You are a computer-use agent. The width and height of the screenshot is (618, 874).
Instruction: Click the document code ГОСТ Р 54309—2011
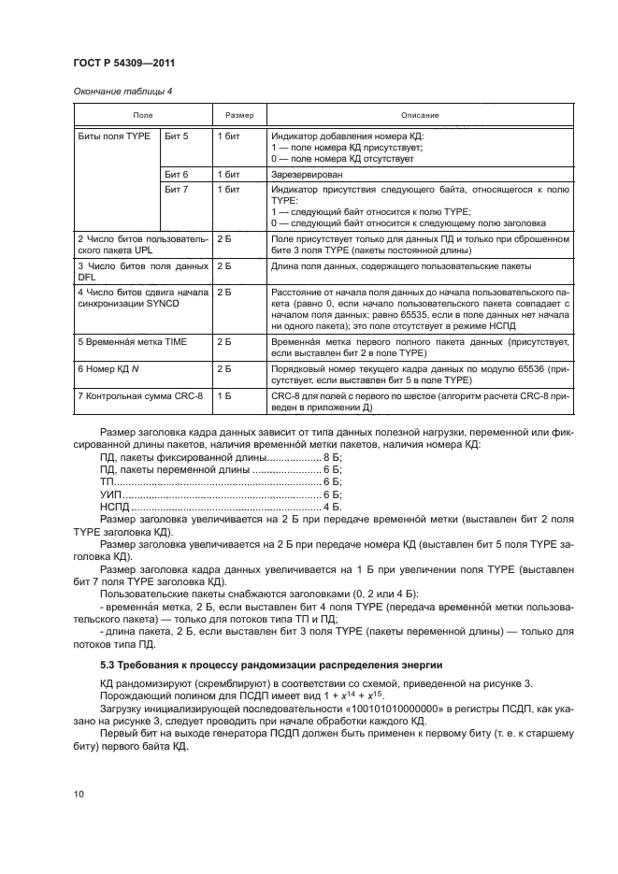(124, 64)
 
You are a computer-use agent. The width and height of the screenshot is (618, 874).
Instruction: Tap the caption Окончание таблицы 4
(122, 91)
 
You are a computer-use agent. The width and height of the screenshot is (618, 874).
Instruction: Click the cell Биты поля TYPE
(112, 136)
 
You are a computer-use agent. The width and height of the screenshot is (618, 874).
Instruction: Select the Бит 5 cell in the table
(177, 136)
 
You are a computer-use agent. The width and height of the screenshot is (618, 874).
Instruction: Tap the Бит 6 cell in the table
(177, 175)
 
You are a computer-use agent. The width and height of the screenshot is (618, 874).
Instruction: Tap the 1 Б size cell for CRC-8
(224, 398)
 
